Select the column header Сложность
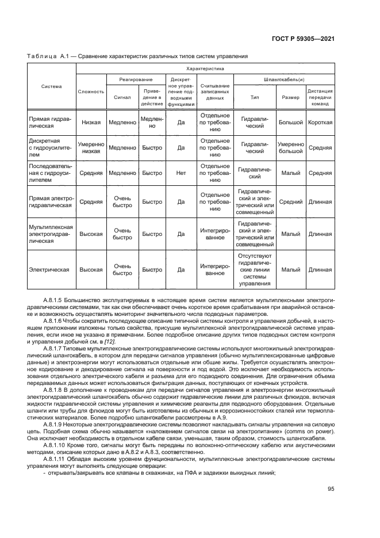91,91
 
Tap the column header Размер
290,97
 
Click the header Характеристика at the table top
205,68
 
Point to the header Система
52,86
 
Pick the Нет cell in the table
181,172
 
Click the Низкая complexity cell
91,122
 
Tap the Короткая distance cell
320,122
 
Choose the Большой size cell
290,122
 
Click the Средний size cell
290,201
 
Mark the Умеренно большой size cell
290,147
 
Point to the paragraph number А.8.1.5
55,300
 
